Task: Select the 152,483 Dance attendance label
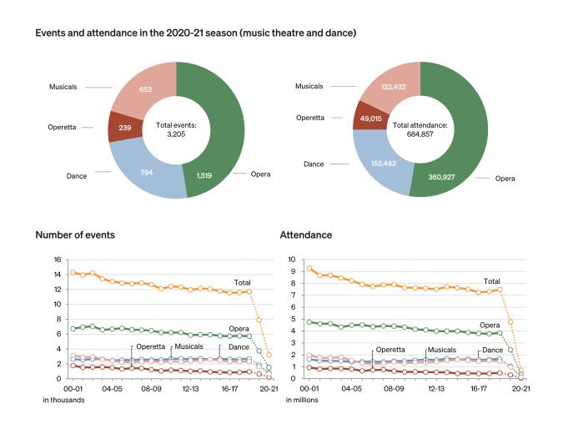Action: (385, 165)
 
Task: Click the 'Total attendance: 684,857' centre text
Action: (421, 128)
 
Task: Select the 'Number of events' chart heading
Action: (75, 235)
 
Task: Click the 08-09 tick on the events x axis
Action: (150, 388)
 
